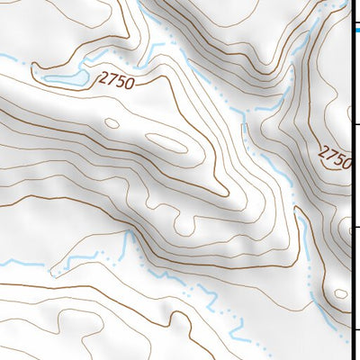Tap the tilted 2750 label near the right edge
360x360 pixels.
[x=336, y=157]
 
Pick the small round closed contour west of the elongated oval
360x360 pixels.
[x=112, y=124]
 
